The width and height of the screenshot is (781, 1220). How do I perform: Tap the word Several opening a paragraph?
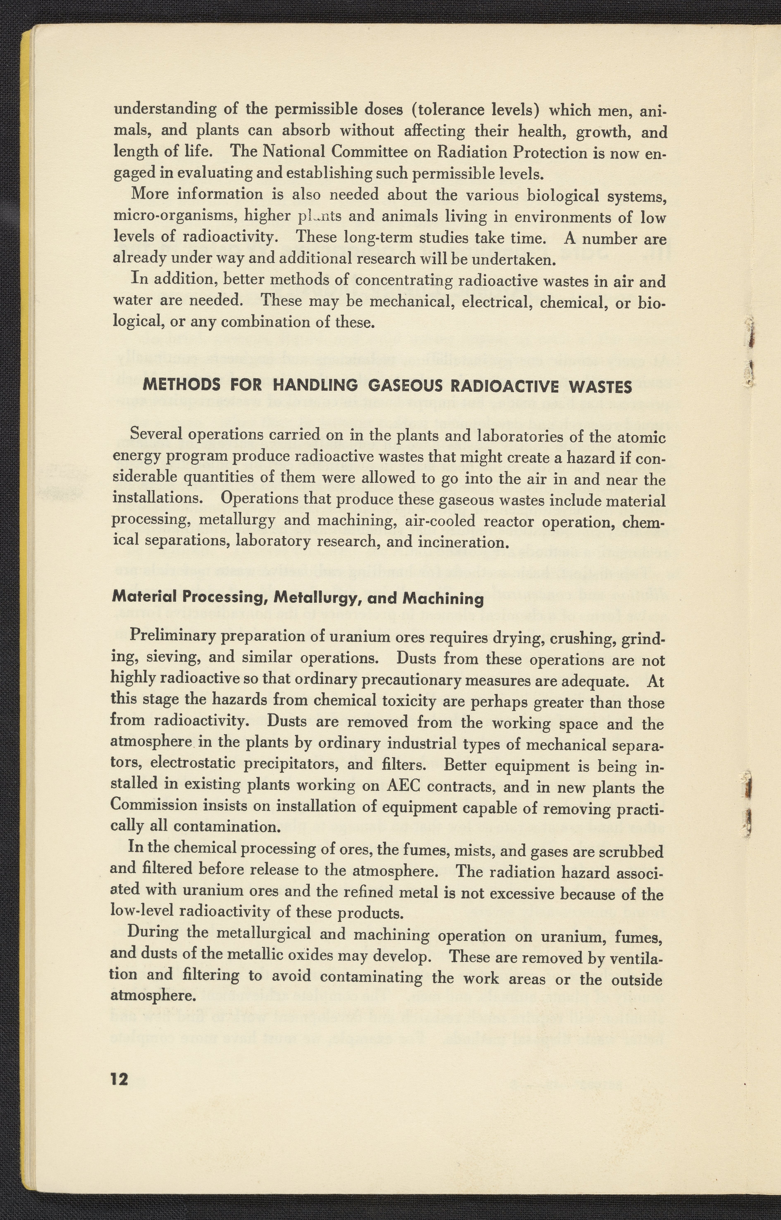(156, 434)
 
